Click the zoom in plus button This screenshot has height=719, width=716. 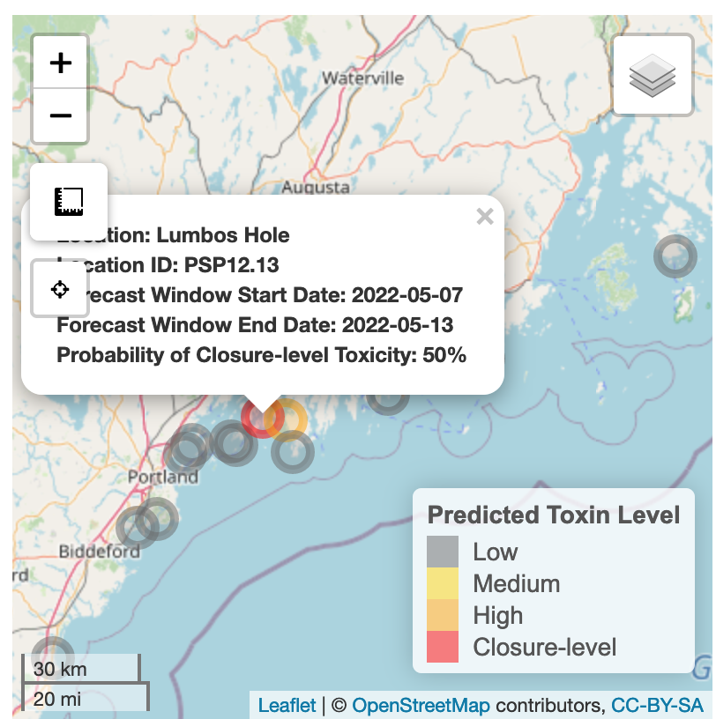(x=60, y=63)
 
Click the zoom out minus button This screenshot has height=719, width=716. (x=60, y=115)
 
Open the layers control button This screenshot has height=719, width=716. (x=653, y=76)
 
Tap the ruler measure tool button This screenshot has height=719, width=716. (x=69, y=201)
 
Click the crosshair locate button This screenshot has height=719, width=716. (x=60, y=289)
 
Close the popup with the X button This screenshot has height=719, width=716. (x=484, y=216)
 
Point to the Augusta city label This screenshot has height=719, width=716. (x=316, y=188)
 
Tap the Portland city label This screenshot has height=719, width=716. (x=163, y=477)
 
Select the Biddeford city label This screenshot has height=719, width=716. (x=99, y=552)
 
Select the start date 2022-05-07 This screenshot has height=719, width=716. (x=406, y=294)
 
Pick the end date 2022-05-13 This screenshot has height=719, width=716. (x=398, y=325)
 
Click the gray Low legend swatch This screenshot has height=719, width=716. (x=443, y=552)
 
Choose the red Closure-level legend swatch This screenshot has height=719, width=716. (x=443, y=647)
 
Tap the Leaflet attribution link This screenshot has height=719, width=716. (x=287, y=706)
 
